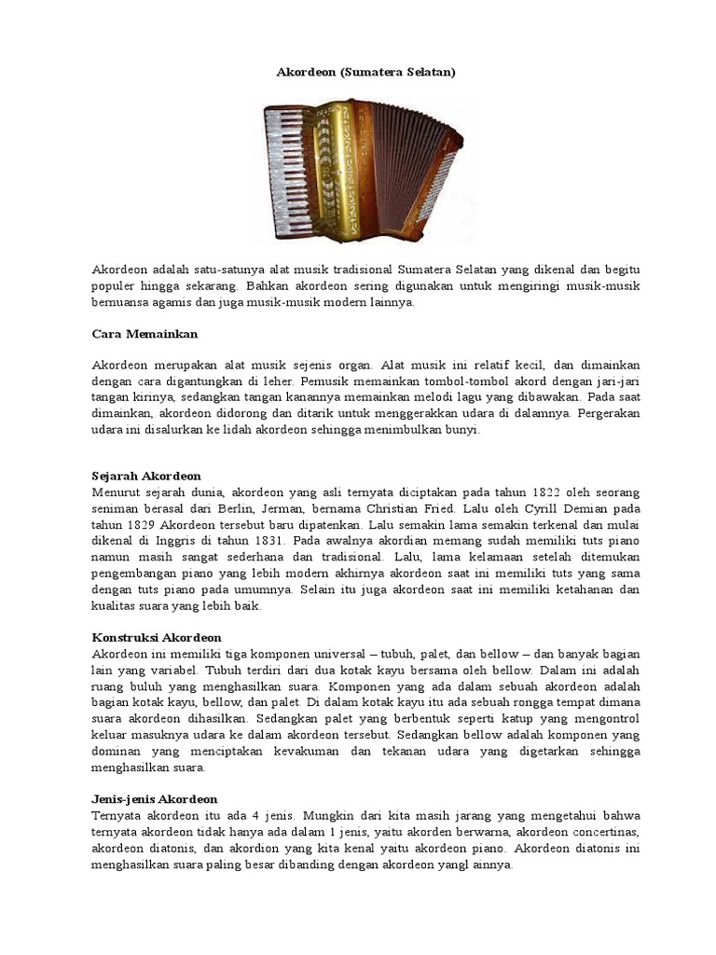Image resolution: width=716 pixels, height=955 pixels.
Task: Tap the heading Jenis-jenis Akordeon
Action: coord(155,798)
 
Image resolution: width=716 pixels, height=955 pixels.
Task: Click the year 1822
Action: coord(548,491)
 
